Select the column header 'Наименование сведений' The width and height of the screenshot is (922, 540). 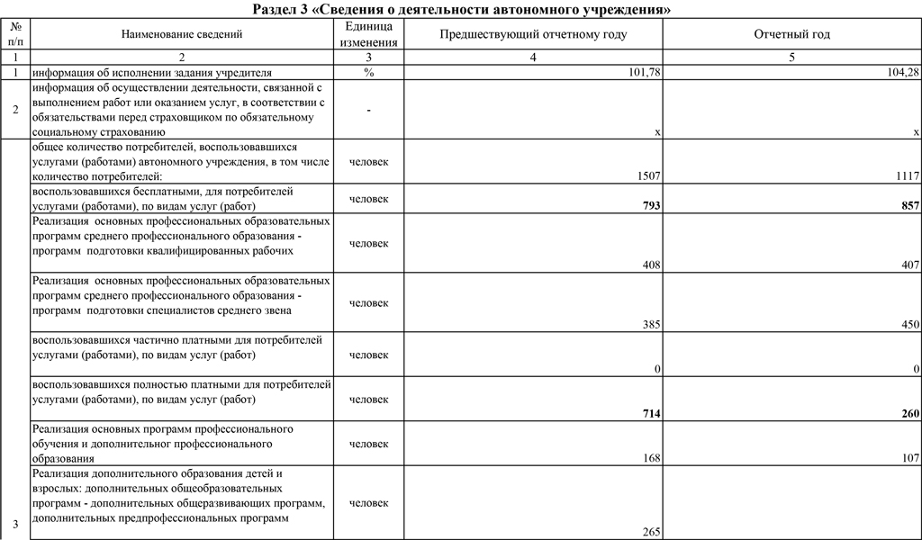tap(182, 34)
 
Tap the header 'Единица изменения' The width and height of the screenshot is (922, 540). tap(369, 34)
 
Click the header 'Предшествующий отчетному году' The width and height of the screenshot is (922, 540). tap(533, 34)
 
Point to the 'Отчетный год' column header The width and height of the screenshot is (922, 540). tap(791, 34)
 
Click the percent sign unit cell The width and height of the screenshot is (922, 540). tap(369, 73)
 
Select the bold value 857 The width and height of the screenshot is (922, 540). tap(909, 206)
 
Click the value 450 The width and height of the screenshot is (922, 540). tap(910, 325)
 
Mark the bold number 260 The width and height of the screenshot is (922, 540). tap(909, 413)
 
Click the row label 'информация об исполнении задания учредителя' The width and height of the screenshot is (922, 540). tap(151, 73)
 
